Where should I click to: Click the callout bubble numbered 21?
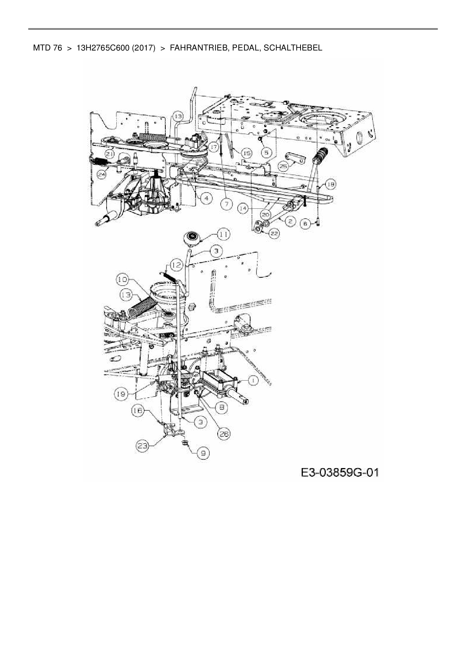pos(110,153)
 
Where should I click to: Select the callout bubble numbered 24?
pos(101,174)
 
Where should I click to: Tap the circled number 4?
pos(206,198)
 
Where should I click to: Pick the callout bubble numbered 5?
pos(267,153)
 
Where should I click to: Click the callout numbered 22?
pos(274,234)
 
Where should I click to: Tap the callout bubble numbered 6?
pos(305,224)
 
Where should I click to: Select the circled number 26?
pos(224,434)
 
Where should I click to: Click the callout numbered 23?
pos(142,446)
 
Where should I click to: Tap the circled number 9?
pos(203,453)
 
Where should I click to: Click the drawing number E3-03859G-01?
pos(339,473)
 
